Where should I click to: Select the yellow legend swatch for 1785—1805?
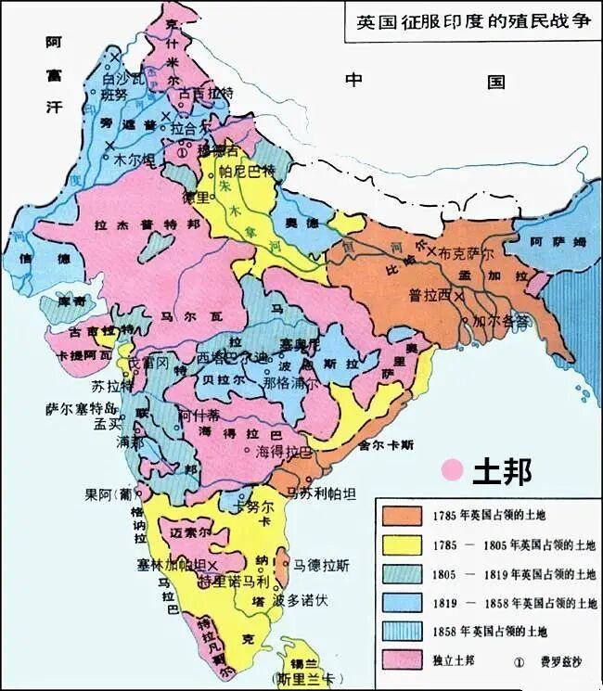point(401,545)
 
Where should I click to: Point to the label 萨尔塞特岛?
point(83,407)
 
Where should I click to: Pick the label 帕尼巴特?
point(248,172)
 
